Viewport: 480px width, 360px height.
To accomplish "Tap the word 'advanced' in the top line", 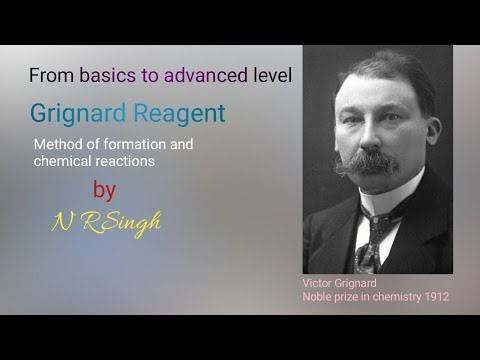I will point(208,75).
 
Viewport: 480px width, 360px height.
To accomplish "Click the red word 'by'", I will point(103,191).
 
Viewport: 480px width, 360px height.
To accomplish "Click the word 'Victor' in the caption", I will point(321,283).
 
